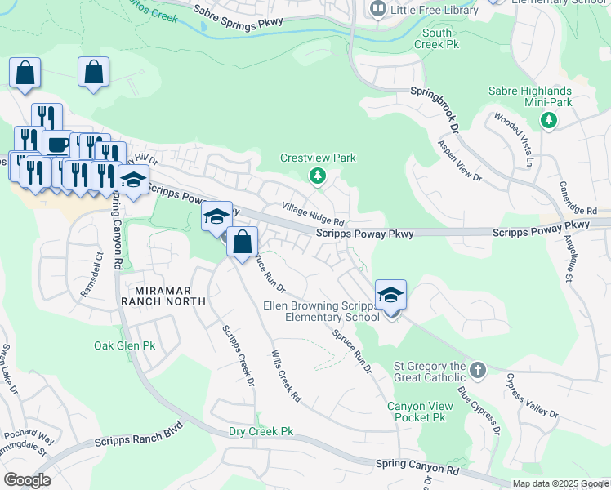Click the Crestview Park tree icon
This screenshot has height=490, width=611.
[318, 176]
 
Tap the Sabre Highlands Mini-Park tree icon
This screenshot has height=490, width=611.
[549, 121]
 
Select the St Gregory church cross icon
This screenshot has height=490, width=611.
[479, 371]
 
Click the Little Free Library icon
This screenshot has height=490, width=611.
[377, 9]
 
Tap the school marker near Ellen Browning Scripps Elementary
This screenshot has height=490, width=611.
[390, 295]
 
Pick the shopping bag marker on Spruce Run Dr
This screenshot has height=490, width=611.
[243, 243]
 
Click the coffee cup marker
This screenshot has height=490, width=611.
[56, 145]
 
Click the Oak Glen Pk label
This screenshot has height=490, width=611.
[124, 345]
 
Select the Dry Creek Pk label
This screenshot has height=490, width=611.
[261, 430]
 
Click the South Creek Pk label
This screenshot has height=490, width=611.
[437, 38]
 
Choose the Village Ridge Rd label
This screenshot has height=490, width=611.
[314, 216]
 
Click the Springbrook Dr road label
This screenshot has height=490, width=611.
[435, 105]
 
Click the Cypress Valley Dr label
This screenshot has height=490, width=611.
[532, 396]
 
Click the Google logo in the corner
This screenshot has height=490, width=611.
[28, 479]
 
